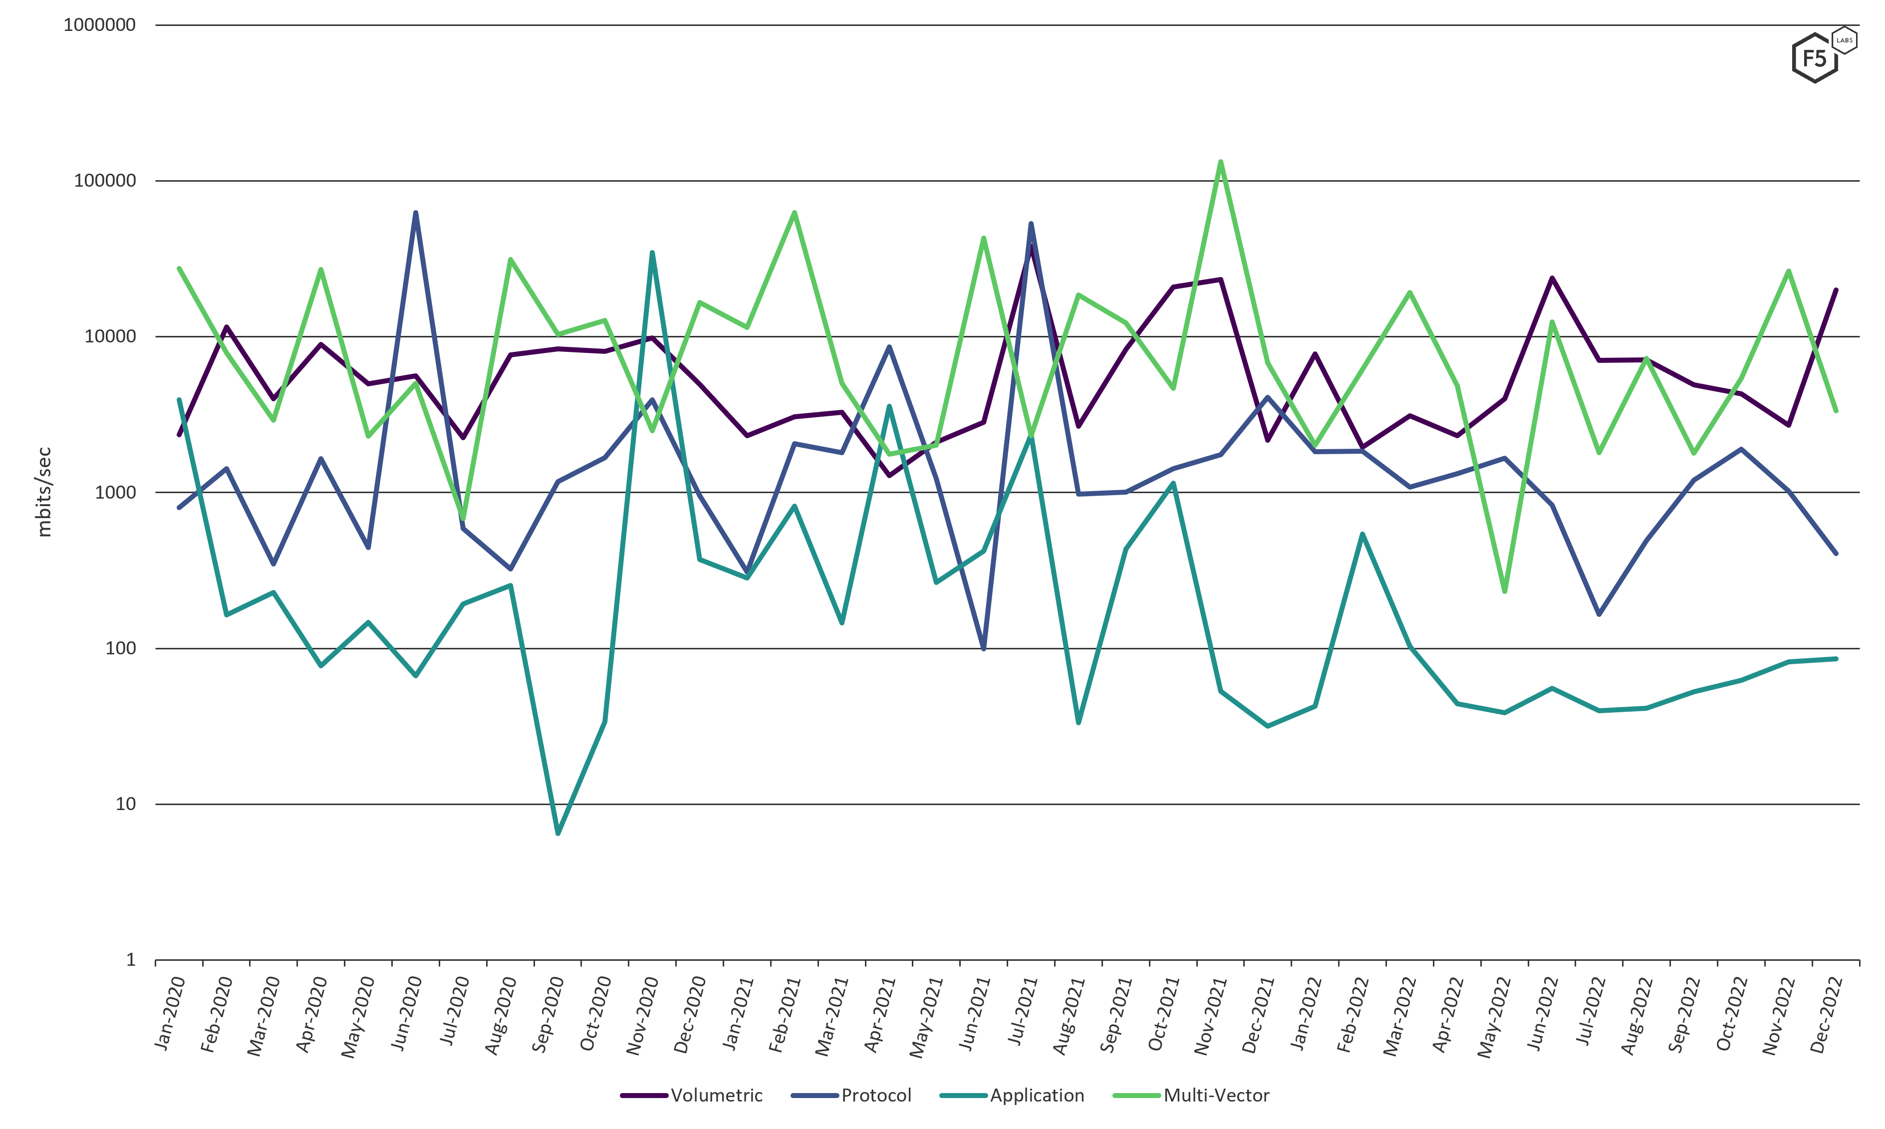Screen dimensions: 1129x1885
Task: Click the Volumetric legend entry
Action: click(716, 1095)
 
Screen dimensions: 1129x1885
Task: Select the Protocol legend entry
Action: click(875, 1095)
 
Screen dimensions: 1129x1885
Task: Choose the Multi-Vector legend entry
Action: click(1216, 1095)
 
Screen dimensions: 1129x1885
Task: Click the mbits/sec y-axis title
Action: click(44, 492)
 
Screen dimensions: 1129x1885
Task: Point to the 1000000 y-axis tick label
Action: click(100, 25)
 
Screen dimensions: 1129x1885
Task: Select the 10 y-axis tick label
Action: click(125, 804)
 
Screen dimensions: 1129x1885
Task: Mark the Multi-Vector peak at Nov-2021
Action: click(1221, 161)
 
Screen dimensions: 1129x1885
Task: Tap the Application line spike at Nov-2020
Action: click(652, 253)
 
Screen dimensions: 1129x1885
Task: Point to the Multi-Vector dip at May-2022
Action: click(1505, 591)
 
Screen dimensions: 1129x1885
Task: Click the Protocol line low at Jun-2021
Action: click(984, 648)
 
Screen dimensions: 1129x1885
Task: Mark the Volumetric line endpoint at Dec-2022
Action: click(1836, 290)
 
